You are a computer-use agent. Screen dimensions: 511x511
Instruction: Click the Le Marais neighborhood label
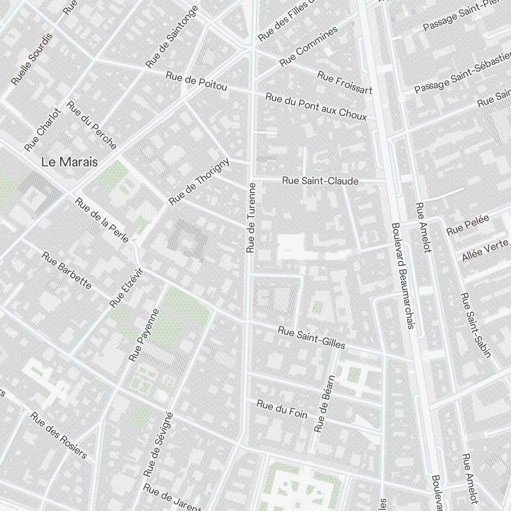(69, 162)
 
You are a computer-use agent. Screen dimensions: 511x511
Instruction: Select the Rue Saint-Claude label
(320, 181)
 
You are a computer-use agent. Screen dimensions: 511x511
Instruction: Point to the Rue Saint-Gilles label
(311, 338)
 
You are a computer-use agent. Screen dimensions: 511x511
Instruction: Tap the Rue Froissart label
(344, 83)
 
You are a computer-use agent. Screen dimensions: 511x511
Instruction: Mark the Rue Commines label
(309, 47)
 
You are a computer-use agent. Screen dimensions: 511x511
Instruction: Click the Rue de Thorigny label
(199, 181)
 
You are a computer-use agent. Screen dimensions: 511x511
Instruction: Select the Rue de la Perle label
(102, 220)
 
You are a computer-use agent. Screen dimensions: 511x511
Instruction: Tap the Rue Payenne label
(145, 335)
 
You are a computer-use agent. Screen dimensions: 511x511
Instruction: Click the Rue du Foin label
(282, 409)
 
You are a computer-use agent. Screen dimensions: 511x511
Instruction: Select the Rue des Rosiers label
(59, 435)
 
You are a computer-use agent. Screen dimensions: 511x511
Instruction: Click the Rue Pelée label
(468, 225)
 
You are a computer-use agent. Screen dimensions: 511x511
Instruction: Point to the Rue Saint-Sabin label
(475, 325)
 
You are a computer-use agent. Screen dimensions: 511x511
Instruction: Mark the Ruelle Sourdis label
(32, 59)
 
